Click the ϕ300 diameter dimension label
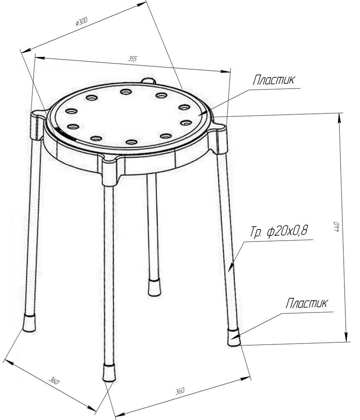click(82, 21)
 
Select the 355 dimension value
click(133, 58)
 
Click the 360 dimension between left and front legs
click(54, 381)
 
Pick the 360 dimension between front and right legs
click(180, 391)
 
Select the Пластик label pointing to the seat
click(274, 80)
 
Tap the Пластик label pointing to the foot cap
click(306, 303)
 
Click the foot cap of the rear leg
click(154, 287)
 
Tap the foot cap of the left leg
click(29, 323)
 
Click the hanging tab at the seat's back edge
click(148, 80)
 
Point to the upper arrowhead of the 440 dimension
click(340, 118)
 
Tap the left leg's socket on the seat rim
click(37, 125)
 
